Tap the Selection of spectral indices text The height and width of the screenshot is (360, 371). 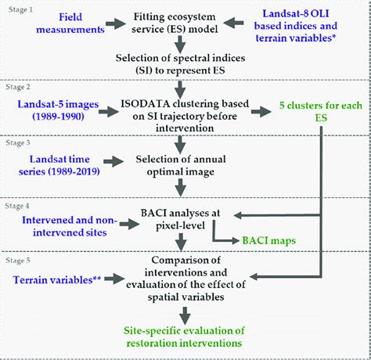[182, 82]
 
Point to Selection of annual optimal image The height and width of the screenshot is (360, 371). [182, 165]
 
